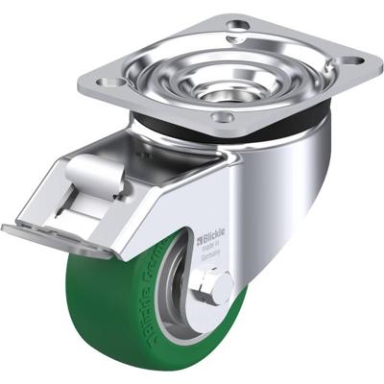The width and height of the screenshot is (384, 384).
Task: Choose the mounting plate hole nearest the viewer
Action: coord(224,118)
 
